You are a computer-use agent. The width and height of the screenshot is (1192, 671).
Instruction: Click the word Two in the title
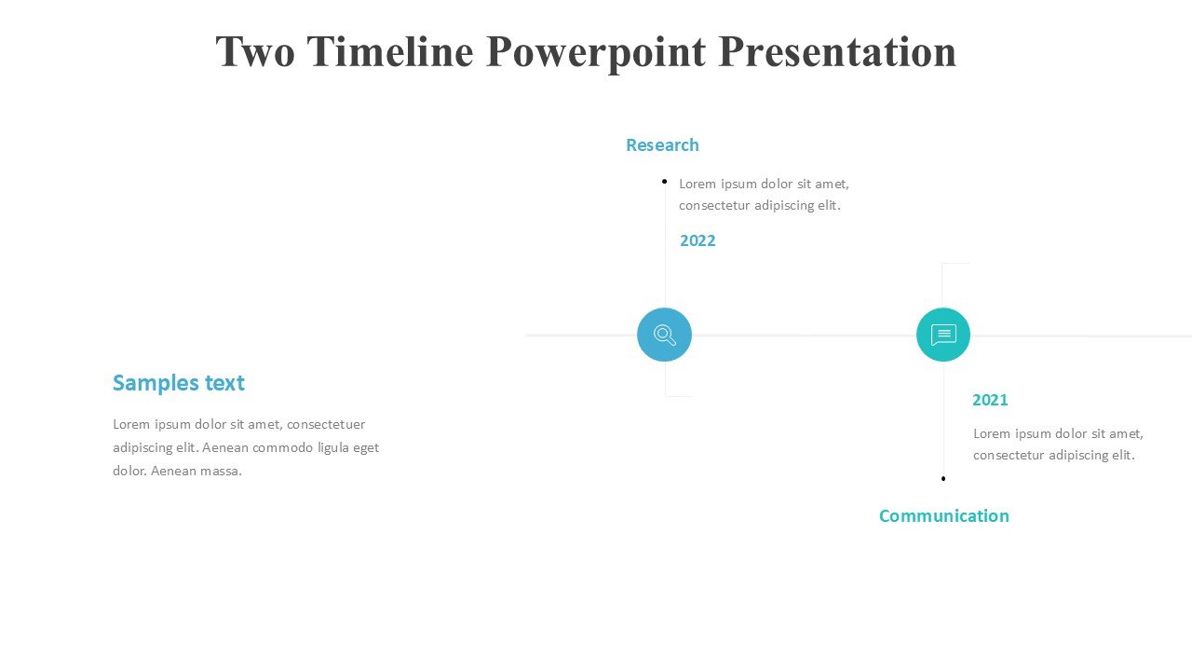(255, 51)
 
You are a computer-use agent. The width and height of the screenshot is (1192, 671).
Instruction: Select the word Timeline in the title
(390, 51)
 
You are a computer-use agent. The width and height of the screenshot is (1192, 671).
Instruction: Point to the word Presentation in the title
(837, 51)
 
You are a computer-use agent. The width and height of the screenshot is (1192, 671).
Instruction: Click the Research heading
(662, 144)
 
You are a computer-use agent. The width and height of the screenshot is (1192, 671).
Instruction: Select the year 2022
(698, 240)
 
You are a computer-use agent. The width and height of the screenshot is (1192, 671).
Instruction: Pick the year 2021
(990, 400)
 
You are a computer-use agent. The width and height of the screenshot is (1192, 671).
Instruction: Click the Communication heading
(944, 515)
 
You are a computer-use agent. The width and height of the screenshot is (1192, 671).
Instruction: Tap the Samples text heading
(179, 383)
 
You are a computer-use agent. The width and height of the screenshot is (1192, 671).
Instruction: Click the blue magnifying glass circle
(664, 335)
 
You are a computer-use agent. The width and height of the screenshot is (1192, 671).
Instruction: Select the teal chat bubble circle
(943, 335)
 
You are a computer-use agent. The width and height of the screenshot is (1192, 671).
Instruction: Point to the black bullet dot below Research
(664, 182)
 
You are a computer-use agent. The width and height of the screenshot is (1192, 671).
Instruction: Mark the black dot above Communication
(943, 479)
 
